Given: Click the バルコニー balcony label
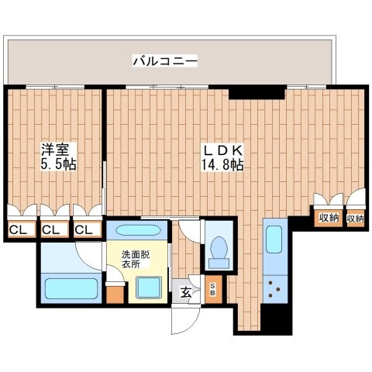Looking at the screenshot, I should [x=165, y=60].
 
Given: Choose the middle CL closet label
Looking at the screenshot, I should [x=51, y=229].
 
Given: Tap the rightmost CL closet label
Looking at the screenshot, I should [x=84, y=229].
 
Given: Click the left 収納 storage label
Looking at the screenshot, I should [x=328, y=219].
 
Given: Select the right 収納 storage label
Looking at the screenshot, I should [x=355, y=219].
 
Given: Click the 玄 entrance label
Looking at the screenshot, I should [x=188, y=291].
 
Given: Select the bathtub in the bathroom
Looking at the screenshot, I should [x=70, y=289].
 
